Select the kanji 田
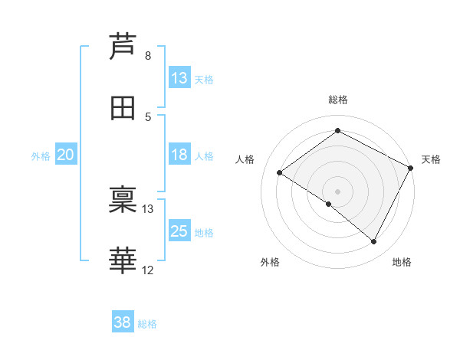click(123, 108)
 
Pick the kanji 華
click(123, 260)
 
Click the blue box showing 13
click(179, 78)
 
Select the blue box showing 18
click(179, 155)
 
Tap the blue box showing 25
click(179, 231)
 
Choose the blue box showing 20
click(65, 155)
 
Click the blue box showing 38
click(123, 322)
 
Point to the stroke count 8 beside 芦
click(147, 56)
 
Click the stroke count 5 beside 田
click(147, 117)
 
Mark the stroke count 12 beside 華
click(148, 270)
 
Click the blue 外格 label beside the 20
click(41, 155)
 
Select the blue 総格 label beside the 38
click(147, 323)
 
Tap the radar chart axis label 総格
click(338, 100)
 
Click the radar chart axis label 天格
click(431, 159)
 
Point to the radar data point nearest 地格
click(374, 242)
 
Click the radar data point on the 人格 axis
click(280, 172)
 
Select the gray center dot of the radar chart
click(338, 191)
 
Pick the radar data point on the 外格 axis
click(329, 204)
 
